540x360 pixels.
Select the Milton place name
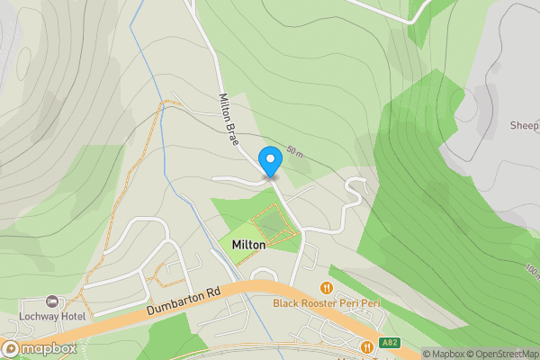pos(248,245)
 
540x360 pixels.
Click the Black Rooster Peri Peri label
pos(327,304)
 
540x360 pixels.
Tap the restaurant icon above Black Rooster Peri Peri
pos(327,289)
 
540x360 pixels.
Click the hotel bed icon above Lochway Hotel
pos(51,302)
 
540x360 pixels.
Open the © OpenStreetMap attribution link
pos(503,354)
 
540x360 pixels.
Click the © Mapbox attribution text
pos(444,354)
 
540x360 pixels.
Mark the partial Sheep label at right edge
pos(524,126)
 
